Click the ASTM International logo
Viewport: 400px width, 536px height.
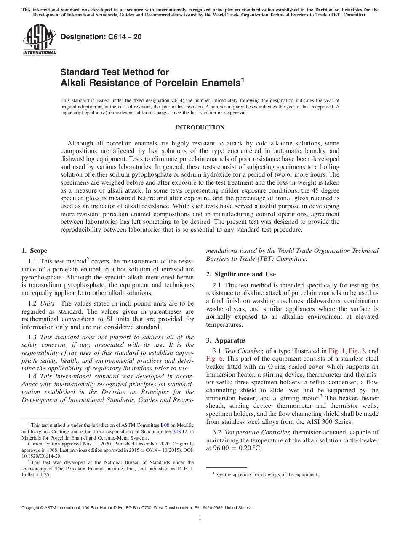pos(39,40)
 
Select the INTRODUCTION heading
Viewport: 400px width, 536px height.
pos(200,127)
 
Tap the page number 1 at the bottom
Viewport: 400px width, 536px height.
pos(200,518)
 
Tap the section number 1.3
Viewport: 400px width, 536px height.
pos(32,337)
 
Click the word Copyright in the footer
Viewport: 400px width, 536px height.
pos(32,508)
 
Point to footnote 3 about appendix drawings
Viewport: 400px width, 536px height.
pos(265,474)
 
